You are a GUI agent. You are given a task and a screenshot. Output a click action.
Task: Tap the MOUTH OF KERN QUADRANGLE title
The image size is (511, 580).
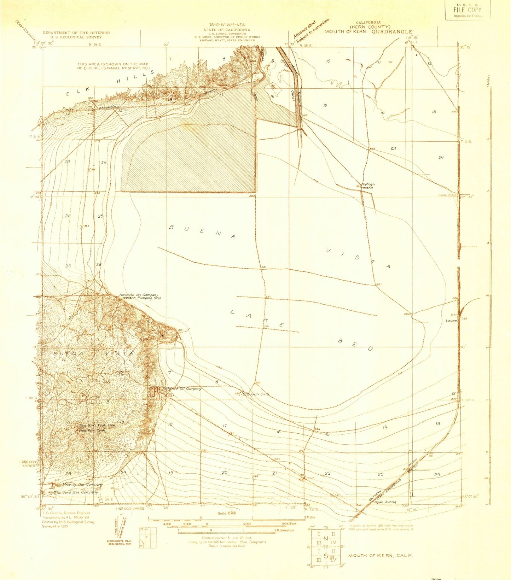click(x=368, y=31)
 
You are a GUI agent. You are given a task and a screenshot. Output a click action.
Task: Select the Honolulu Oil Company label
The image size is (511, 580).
click(x=139, y=295)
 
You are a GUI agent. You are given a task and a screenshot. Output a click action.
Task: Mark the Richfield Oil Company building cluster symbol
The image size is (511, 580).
click(x=152, y=392)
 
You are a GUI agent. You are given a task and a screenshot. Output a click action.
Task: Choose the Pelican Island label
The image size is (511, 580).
click(x=368, y=186)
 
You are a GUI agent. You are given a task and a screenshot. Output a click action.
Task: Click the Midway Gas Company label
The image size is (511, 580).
click(x=82, y=484)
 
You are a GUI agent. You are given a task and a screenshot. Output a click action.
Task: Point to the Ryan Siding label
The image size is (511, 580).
click(x=385, y=502)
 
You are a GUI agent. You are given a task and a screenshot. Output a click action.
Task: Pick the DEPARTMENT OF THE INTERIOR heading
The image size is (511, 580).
click(x=76, y=33)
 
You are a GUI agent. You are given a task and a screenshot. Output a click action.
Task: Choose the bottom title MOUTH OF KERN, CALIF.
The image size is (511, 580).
click(x=380, y=555)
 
